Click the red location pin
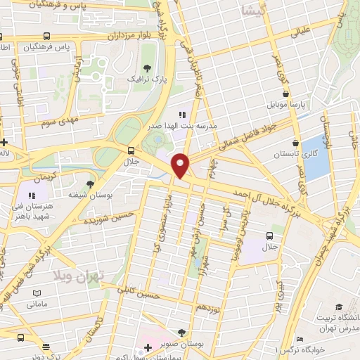click(181, 165)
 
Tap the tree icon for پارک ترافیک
click(147, 68)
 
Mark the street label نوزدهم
click(210, 308)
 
